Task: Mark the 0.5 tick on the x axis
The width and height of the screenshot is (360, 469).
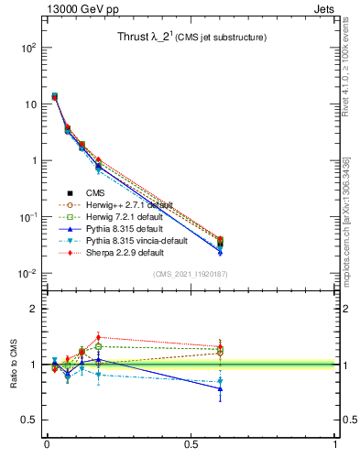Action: click(191, 445)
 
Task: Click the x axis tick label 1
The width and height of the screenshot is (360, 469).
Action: click(335, 445)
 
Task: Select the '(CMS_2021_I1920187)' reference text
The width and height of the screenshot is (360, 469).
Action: click(191, 274)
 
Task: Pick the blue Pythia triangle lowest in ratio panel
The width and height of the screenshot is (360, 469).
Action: click(220, 388)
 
